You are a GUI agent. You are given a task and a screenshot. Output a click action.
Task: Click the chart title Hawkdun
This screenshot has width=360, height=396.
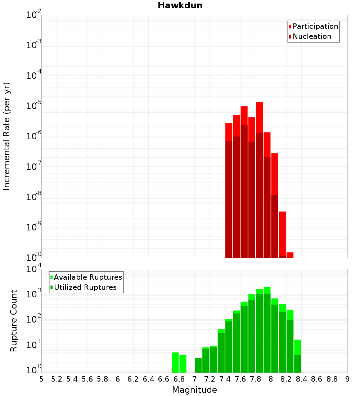coord(180,5)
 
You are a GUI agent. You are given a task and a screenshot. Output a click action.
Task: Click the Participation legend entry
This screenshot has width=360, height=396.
coord(315,26)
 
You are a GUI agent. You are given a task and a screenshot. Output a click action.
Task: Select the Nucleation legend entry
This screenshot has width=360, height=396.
coord(312,36)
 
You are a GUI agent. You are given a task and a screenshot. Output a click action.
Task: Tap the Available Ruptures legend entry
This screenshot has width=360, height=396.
coord(88,277)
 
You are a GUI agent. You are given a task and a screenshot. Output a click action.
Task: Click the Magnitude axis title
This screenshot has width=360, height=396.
coord(194,390)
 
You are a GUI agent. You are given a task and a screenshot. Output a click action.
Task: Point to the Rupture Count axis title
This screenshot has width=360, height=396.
coord(14,321)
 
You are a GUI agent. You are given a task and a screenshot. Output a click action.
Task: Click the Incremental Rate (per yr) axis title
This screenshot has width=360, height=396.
coord(6,136)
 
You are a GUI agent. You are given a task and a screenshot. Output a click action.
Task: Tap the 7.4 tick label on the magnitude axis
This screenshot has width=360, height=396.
coord(225,379)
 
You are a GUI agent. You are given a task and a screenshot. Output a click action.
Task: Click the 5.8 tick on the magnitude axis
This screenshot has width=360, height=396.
coord(103,379)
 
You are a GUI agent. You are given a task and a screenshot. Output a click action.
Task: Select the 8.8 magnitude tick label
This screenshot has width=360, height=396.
coord(332,379)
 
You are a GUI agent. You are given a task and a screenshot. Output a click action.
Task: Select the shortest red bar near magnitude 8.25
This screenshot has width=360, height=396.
coord(290,255)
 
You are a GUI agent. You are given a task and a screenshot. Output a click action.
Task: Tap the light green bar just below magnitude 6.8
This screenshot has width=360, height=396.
coord(175,363)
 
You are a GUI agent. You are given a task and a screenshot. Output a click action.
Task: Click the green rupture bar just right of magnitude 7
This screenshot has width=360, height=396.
coord(198,365)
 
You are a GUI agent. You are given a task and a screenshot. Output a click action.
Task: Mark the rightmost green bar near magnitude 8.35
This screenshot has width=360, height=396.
coord(297,356)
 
